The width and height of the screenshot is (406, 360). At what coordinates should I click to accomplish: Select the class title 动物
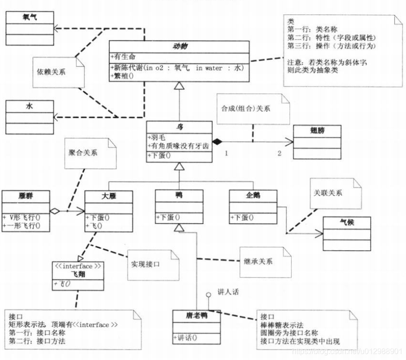(x=179, y=46)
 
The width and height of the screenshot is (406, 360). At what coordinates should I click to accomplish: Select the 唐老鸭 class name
(x=196, y=315)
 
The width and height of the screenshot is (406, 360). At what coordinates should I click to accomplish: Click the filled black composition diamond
(x=216, y=141)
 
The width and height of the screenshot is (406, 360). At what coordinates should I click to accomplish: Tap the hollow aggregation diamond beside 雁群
(x=55, y=212)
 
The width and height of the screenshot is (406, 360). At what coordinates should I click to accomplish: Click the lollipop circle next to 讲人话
(x=208, y=295)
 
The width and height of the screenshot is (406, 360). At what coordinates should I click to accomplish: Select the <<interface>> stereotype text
(x=78, y=266)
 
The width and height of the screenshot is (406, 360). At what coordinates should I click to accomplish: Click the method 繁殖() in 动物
(x=122, y=75)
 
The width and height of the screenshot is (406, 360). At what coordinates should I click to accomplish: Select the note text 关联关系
(x=328, y=193)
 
